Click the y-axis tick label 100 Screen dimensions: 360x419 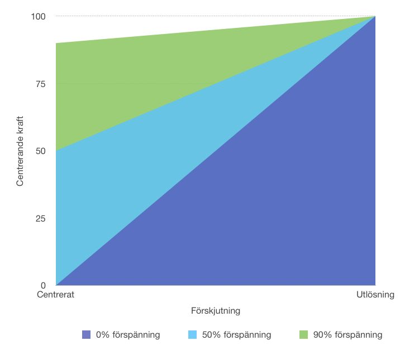pos(39,17)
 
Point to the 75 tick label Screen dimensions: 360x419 pos(41,84)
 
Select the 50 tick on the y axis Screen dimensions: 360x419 pos(41,151)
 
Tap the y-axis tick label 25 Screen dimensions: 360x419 pos(41,218)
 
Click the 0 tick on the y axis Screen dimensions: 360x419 pos(43,285)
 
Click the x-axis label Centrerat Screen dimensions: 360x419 pos(56,295)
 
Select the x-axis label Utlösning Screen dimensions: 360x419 pos(375,295)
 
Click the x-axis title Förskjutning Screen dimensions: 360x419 pos(216,310)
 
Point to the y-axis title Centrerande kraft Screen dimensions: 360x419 pos(20,151)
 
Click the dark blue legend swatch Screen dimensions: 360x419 pos(86,335)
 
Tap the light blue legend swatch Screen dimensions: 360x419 pos(192,335)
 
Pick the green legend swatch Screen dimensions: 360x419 pos(303,335)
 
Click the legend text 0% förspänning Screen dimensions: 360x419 pos(128,335)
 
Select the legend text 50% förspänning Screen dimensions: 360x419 pos(236,335)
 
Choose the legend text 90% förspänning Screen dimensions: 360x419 pos(347,335)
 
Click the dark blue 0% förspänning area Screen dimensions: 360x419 pos(279,223)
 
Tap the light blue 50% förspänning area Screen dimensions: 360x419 pos(140,167)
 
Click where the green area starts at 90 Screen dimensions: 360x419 pos(56,44)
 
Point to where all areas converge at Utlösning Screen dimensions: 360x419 pos(375,17)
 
